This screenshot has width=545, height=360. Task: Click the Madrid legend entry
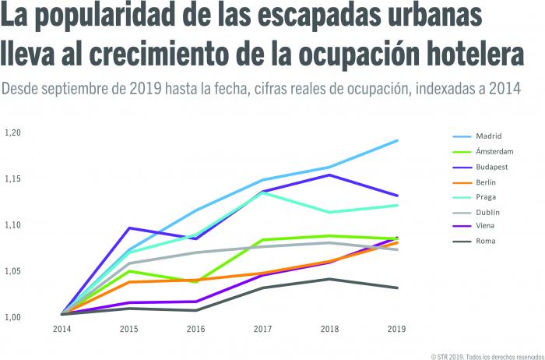click(487, 136)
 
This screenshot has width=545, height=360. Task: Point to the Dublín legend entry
click(487, 211)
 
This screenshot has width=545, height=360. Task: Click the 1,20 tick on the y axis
click(13, 133)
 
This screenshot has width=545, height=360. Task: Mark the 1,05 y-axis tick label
click(13, 272)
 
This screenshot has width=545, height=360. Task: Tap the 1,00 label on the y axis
click(13, 318)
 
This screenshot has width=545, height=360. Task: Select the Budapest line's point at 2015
click(128, 228)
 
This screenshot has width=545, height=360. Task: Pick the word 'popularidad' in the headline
click(116, 18)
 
